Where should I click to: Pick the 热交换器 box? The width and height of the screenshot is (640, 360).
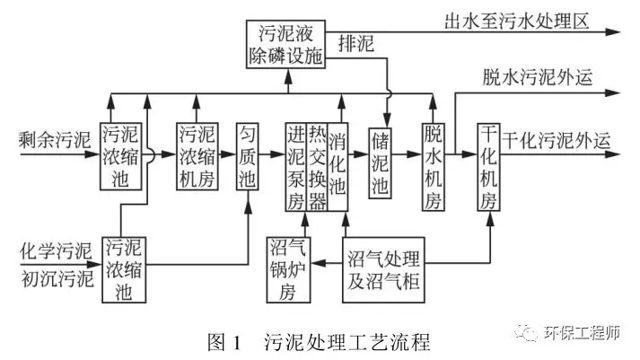(x=316, y=166)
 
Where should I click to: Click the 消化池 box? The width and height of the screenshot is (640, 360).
(x=338, y=166)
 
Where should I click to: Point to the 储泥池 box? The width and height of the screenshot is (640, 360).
(x=381, y=162)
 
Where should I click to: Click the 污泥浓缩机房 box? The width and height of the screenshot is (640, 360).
(x=198, y=154)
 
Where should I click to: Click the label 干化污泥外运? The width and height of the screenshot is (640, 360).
(x=557, y=141)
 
